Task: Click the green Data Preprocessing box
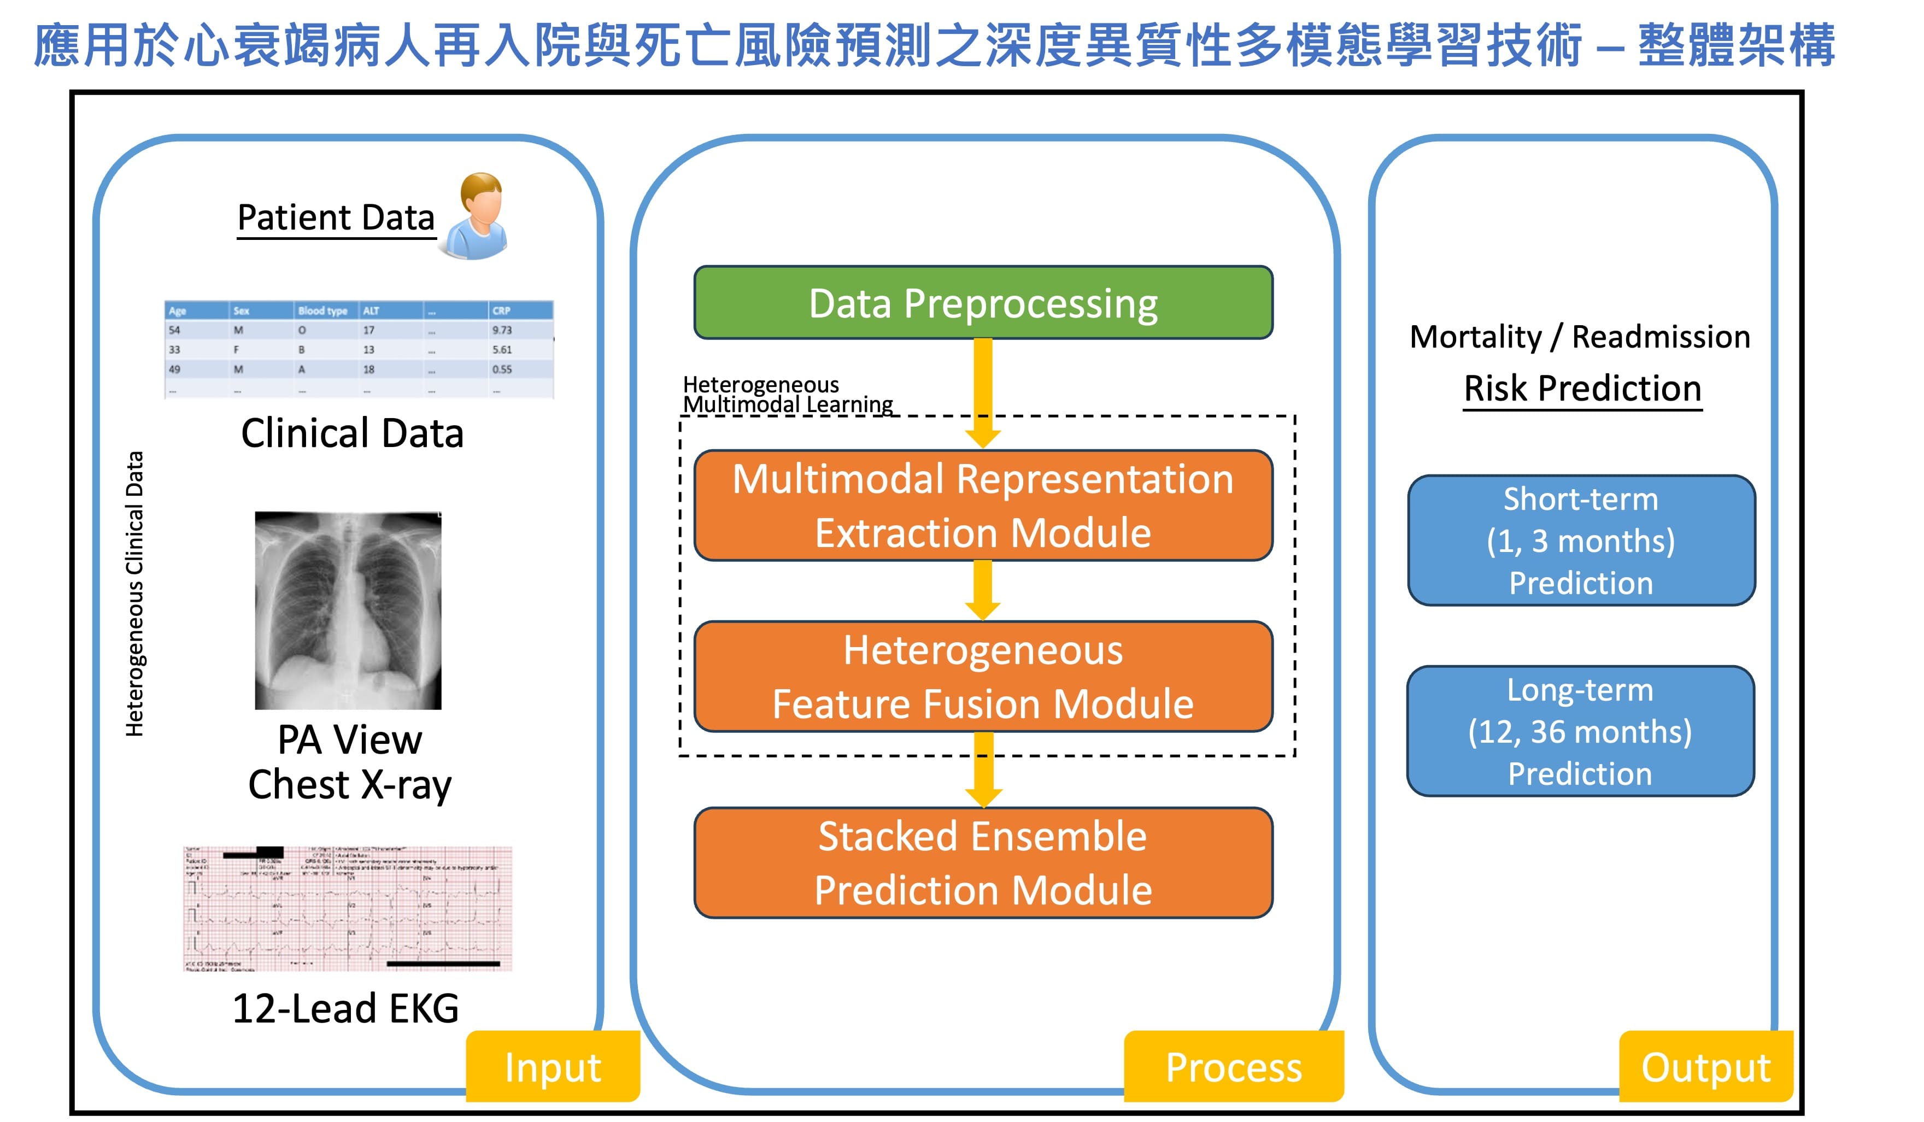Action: (983, 302)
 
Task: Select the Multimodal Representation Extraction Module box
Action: (983, 506)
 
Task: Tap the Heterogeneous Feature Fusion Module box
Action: (983, 676)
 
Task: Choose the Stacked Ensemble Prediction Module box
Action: (983, 862)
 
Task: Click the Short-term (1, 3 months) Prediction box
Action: (1580, 541)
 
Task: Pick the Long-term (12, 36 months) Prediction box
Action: (1580, 731)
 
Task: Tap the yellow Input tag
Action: (553, 1066)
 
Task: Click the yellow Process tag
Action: (1233, 1066)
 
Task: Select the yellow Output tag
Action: (1705, 1066)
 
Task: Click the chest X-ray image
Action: (348, 610)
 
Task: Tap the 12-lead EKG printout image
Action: (348, 908)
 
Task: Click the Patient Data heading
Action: (336, 218)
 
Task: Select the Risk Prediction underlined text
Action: (1582, 389)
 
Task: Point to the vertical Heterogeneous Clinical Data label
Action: (134, 594)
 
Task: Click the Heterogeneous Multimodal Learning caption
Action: (787, 394)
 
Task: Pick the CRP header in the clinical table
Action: (502, 310)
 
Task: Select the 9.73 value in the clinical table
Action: (502, 330)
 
